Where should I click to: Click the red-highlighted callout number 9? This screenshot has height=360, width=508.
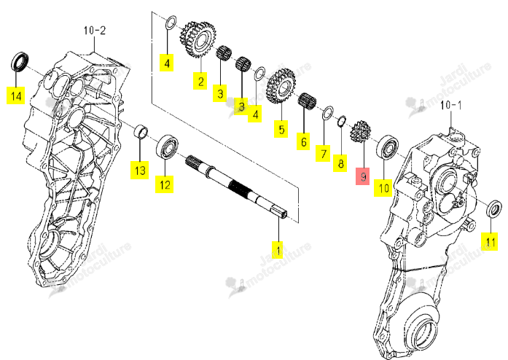pyautogui.click(x=363, y=176)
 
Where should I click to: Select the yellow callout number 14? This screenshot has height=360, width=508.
pyautogui.click(x=16, y=96)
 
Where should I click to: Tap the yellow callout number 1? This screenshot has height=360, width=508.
pyautogui.click(x=278, y=249)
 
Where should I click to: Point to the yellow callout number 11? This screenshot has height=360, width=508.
pyautogui.click(x=490, y=241)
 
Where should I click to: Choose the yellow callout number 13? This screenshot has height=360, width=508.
pyautogui.click(x=140, y=170)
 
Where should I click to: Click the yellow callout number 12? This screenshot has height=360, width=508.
pyautogui.click(x=164, y=184)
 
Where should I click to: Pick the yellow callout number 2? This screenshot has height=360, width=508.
pyautogui.click(x=200, y=81)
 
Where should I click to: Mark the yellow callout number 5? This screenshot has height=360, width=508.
pyautogui.click(x=281, y=129)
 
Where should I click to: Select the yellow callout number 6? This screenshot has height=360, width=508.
pyautogui.click(x=304, y=141)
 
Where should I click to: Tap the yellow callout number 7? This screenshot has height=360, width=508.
pyautogui.click(x=323, y=153)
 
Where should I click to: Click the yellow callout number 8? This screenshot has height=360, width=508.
pyautogui.click(x=340, y=163)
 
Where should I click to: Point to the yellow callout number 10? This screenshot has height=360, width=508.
pyautogui.click(x=383, y=188)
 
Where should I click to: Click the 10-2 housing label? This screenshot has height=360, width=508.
pyautogui.click(x=95, y=31)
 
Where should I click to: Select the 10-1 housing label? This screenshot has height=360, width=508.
pyautogui.click(x=451, y=106)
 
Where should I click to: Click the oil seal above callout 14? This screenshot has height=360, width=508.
pyautogui.click(x=20, y=61)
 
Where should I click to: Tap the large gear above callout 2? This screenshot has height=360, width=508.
pyautogui.click(x=198, y=39)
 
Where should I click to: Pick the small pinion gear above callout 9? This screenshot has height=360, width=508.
pyautogui.click(x=360, y=131)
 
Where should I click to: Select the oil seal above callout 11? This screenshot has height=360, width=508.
pyautogui.click(x=494, y=208)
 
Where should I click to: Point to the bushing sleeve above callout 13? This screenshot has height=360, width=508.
pyautogui.click(x=141, y=131)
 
